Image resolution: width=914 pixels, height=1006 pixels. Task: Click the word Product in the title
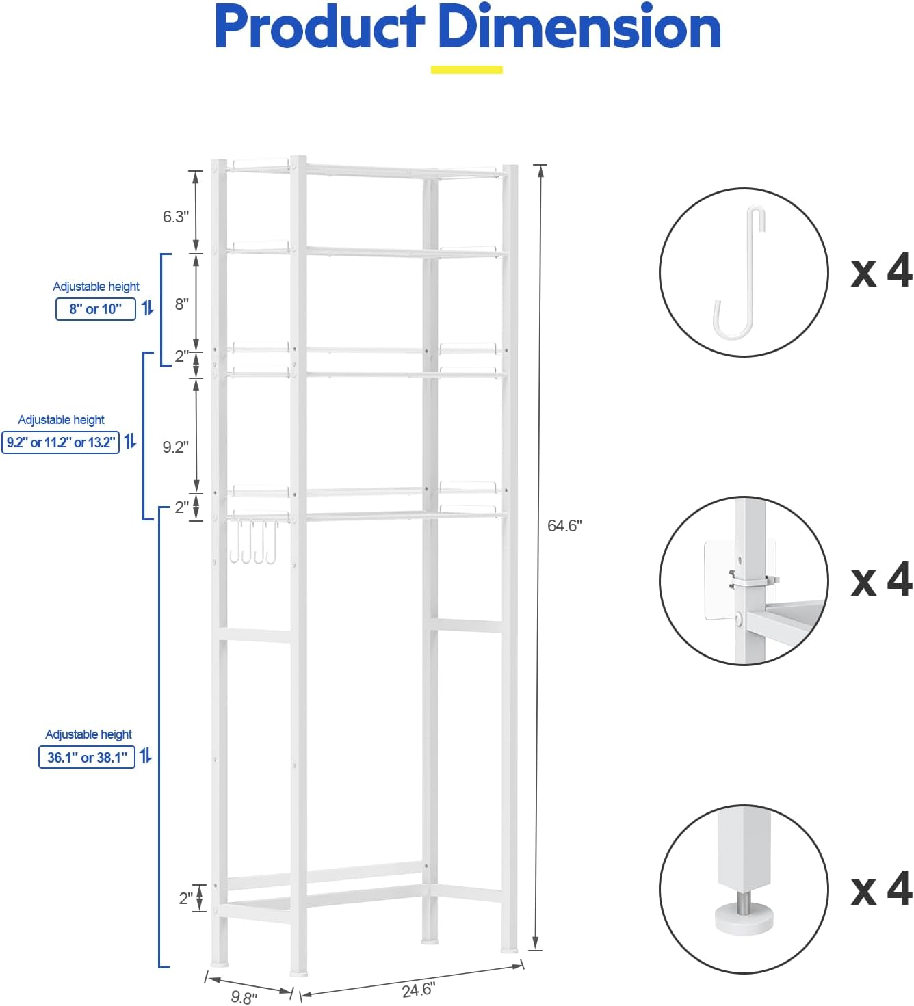(319, 27)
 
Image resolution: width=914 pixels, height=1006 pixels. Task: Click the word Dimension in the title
(579, 27)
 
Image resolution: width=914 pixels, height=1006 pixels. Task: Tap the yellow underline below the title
(467, 69)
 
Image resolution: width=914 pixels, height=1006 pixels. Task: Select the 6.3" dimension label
(176, 217)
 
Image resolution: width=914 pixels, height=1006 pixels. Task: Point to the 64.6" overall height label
(564, 525)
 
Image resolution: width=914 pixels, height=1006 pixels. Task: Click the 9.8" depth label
(244, 996)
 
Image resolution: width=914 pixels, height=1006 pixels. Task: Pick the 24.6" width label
(418, 989)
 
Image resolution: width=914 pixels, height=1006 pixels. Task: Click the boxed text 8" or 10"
(95, 309)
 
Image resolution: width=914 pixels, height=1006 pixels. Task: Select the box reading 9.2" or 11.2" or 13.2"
(61, 442)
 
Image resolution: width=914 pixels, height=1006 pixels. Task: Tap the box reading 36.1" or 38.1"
(87, 757)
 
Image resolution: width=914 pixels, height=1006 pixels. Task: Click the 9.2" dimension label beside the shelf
(175, 447)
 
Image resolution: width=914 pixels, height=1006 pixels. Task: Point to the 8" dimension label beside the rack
(181, 304)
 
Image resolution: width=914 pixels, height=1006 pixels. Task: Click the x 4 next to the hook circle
(881, 271)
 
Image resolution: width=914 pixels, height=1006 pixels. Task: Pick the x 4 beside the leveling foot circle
(881, 888)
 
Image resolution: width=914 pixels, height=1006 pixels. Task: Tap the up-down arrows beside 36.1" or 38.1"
(146, 756)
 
